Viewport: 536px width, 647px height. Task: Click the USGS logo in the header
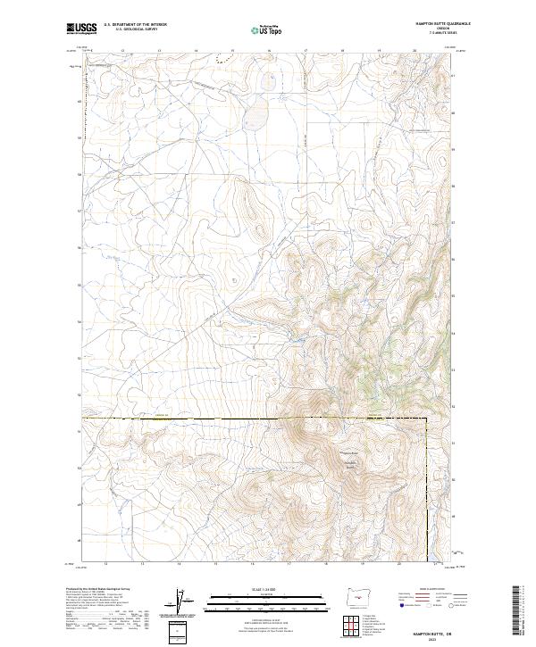coord(82,29)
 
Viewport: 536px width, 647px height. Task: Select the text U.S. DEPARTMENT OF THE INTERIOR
coord(136,25)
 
